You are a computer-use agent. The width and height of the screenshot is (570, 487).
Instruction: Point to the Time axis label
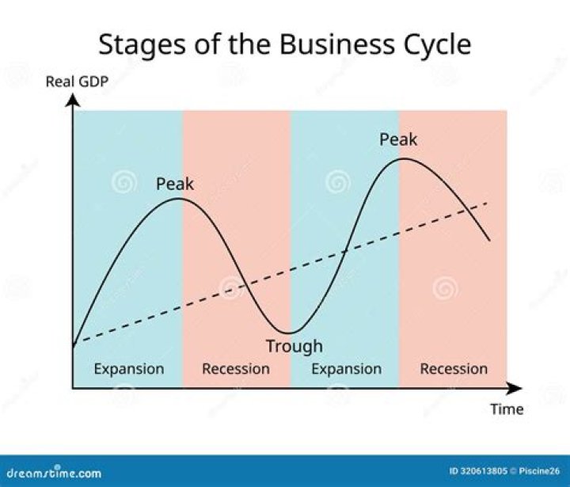tap(506, 409)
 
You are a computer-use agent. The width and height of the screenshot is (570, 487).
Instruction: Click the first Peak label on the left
tap(174, 184)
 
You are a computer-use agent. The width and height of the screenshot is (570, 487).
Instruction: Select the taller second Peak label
tap(398, 140)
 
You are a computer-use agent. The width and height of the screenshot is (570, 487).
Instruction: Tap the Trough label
tap(294, 346)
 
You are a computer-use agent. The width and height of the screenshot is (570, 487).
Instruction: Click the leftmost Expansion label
tap(129, 369)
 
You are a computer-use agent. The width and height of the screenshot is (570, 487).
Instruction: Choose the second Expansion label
tap(346, 369)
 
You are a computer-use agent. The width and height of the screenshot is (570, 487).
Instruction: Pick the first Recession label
tap(236, 369)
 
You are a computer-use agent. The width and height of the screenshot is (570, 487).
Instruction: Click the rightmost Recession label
tap(454, 369)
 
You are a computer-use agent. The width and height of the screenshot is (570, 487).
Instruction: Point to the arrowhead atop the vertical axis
tap(73, 98)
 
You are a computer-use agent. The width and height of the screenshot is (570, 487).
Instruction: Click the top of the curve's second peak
tap(403, 158)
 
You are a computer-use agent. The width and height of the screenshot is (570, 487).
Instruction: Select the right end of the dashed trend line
tap(487, 204)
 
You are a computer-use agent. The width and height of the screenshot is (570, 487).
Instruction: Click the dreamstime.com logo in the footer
tap(51, 473)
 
